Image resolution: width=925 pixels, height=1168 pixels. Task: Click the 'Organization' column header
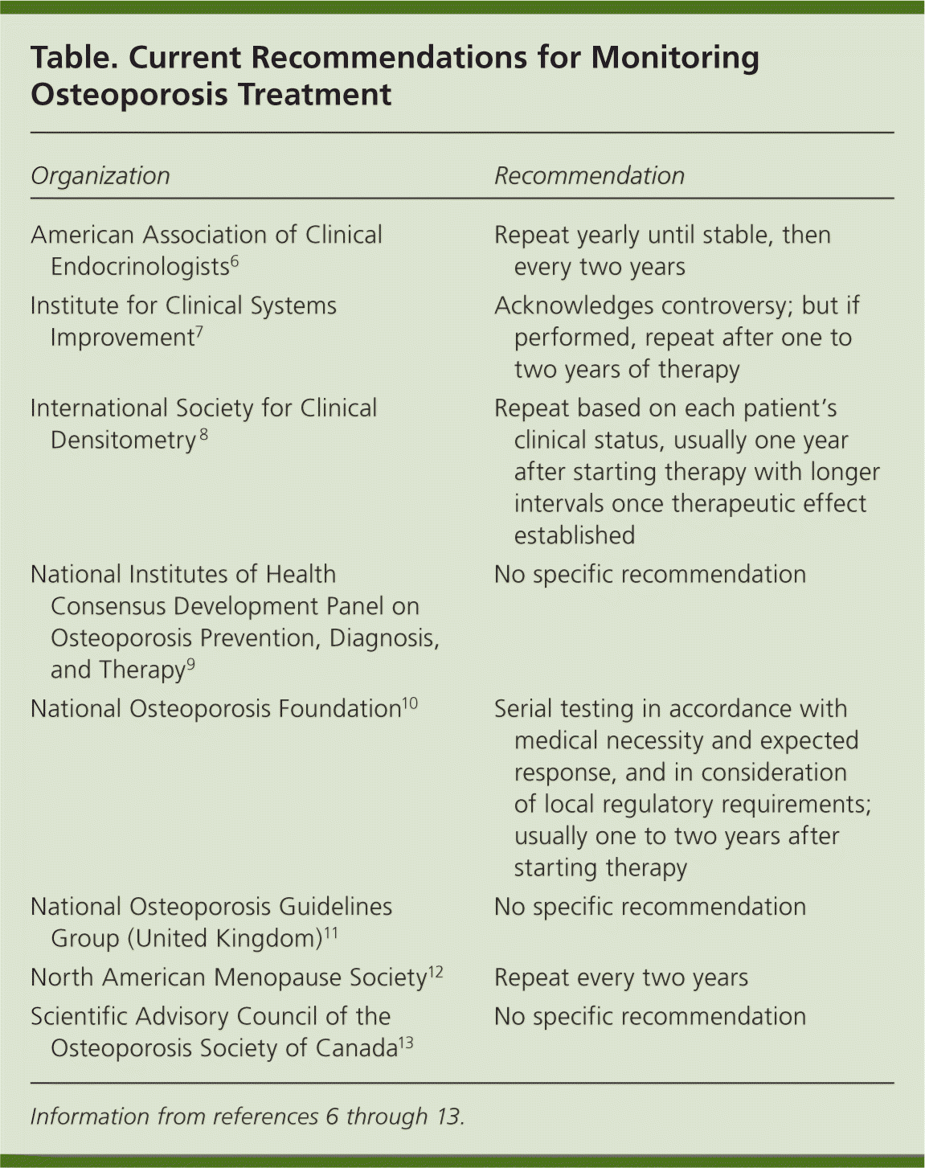(100, 176)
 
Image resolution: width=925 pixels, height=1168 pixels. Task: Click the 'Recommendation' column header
(589, 176)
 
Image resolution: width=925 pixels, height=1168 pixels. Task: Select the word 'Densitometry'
(123, 441)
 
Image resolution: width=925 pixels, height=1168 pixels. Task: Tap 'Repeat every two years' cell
(621, 977)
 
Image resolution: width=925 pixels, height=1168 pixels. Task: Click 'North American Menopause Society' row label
(228, 977)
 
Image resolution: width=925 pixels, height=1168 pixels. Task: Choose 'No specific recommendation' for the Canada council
(650, 1016)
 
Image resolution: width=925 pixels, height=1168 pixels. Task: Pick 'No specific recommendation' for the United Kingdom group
(650, 907)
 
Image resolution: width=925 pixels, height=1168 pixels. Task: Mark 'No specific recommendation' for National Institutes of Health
(650, 575)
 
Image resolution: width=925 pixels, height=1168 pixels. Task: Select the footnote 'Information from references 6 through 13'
(248, 1117)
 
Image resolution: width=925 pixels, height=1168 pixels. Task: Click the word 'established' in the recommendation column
(575, 536)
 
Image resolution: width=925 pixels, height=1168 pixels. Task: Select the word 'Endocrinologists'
(140, 267)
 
